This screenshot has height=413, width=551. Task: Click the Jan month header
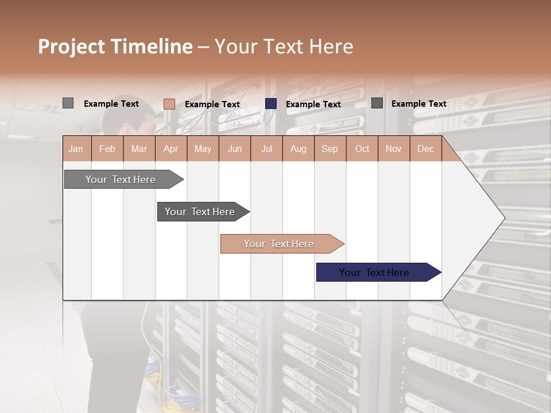click(76, 149)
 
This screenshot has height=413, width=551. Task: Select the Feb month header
click(107, 149)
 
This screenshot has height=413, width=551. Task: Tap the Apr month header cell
click(171, 149)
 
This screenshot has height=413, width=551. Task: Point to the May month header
click(203, 149)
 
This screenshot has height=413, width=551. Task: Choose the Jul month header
click(266, 149)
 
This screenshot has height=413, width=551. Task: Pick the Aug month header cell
click(298, 149)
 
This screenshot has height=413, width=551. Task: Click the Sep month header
click(330, 149)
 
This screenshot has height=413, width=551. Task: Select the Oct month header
click(362, 149)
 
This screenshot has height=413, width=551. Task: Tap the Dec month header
click(426, 149)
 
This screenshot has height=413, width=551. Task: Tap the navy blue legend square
click(271, 104)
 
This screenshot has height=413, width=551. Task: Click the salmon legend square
click(169, 104)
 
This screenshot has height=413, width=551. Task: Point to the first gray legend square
click(68, 103)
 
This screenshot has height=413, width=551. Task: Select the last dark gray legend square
click(377, 103)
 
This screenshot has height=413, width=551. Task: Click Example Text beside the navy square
click(313, 104)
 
